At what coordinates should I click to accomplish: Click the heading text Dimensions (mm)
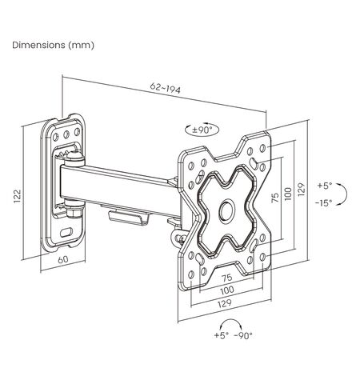[x=53, y=45]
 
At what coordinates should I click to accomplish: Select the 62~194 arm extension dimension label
[x=166, y=88]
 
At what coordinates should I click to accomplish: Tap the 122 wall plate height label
[x=18, y=196]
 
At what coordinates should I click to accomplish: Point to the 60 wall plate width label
[x=63, y=259]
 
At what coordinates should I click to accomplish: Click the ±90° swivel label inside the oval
[x=202, y=130]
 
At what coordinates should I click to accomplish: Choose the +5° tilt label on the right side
[x=325, y=186]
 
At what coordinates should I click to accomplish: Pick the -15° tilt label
[x=324, y=203]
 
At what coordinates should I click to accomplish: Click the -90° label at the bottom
[x=242, y=335]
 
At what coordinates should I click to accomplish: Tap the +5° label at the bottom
[x=222, y=335]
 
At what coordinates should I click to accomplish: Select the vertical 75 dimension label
[x=275, y=198]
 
